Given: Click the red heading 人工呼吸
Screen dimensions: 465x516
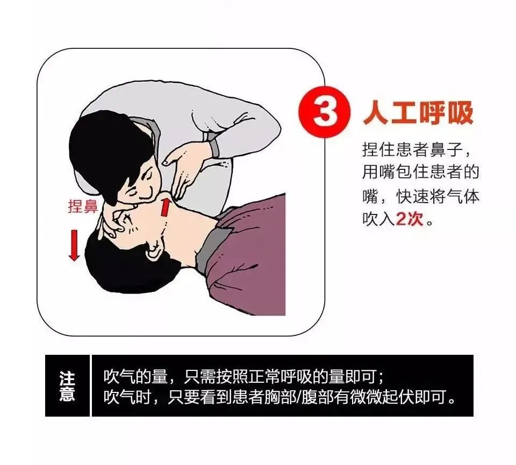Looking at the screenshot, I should pyautogui.click(x=418, y=113).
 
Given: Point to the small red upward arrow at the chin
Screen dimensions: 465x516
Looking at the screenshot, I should pyautogui.click(x=166, y=206).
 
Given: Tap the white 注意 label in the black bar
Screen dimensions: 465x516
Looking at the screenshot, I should pyautogui.click(x=67, y=385).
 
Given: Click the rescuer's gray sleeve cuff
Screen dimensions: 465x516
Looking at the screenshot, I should pyautogui.click(x=213, y=145).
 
